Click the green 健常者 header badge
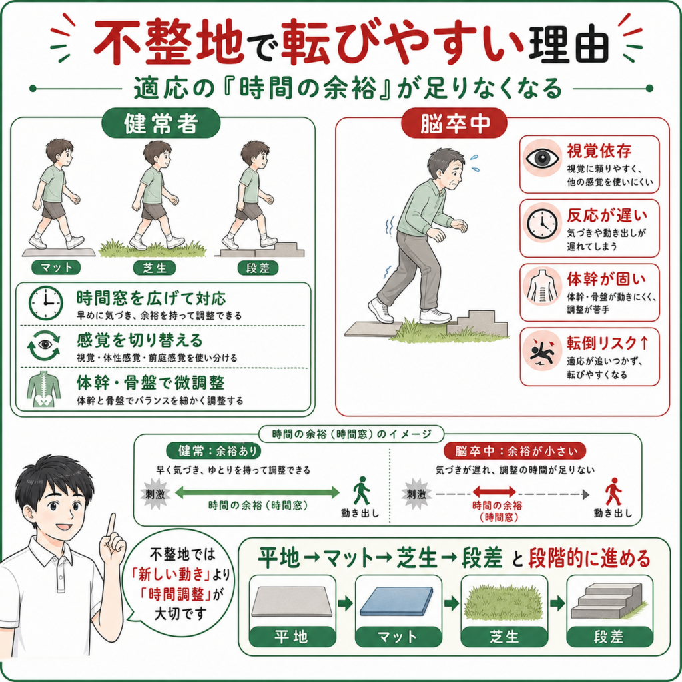point(161,123)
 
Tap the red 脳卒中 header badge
point(454,123)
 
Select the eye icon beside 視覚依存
point(542,158)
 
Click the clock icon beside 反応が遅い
point(542,224)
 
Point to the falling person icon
point(542,350)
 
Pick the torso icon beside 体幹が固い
point(542,286)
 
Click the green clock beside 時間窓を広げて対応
point(46,303)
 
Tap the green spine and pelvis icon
point(43,389)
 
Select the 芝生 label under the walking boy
point(155,268)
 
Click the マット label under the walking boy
point(56,268)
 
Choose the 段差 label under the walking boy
point(258,268)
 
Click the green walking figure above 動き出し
point(361,490)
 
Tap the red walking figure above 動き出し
point(613,491)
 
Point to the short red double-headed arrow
point(494,492)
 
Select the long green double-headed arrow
point(257,492)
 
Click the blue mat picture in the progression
point(397,601)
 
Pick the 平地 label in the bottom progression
point(292,637)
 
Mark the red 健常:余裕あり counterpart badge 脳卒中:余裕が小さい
point(515,451)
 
